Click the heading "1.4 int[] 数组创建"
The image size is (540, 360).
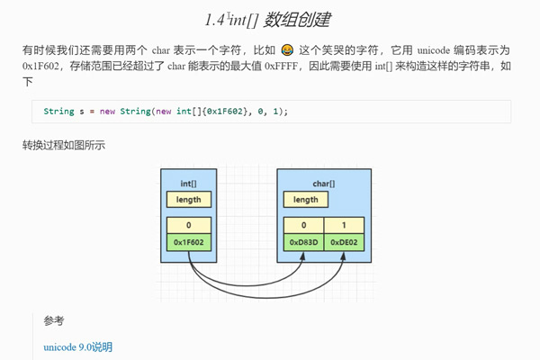point(270,19)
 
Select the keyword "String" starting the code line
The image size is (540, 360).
point(58,112)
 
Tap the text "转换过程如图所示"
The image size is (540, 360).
point(64,145)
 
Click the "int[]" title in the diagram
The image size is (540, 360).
point(189,183)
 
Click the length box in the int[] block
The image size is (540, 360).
point(189,200)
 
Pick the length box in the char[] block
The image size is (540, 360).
point(306,200)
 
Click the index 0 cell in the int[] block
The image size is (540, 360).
point(189,226)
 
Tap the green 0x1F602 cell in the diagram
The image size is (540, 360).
point(189,242)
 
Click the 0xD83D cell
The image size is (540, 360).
point(304,242)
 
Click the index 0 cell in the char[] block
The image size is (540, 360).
point(304,226)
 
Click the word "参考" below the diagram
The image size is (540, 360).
point(53,320)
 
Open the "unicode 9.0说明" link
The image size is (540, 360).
point(78,347)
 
